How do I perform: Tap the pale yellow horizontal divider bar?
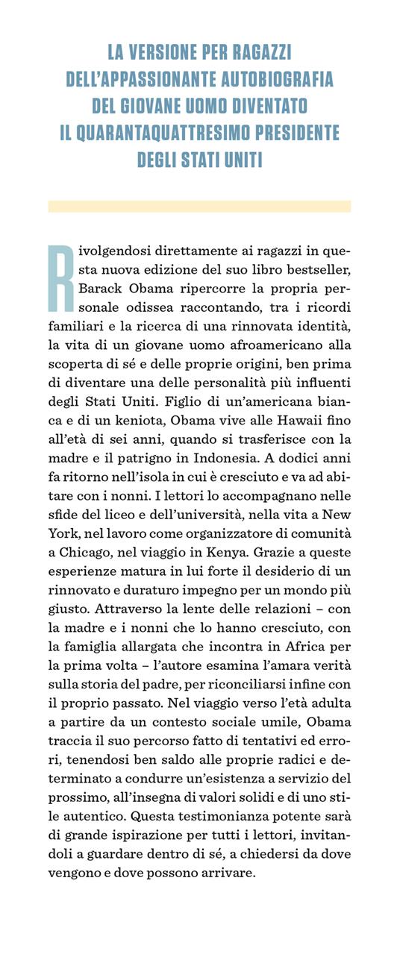tap(199, 206)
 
